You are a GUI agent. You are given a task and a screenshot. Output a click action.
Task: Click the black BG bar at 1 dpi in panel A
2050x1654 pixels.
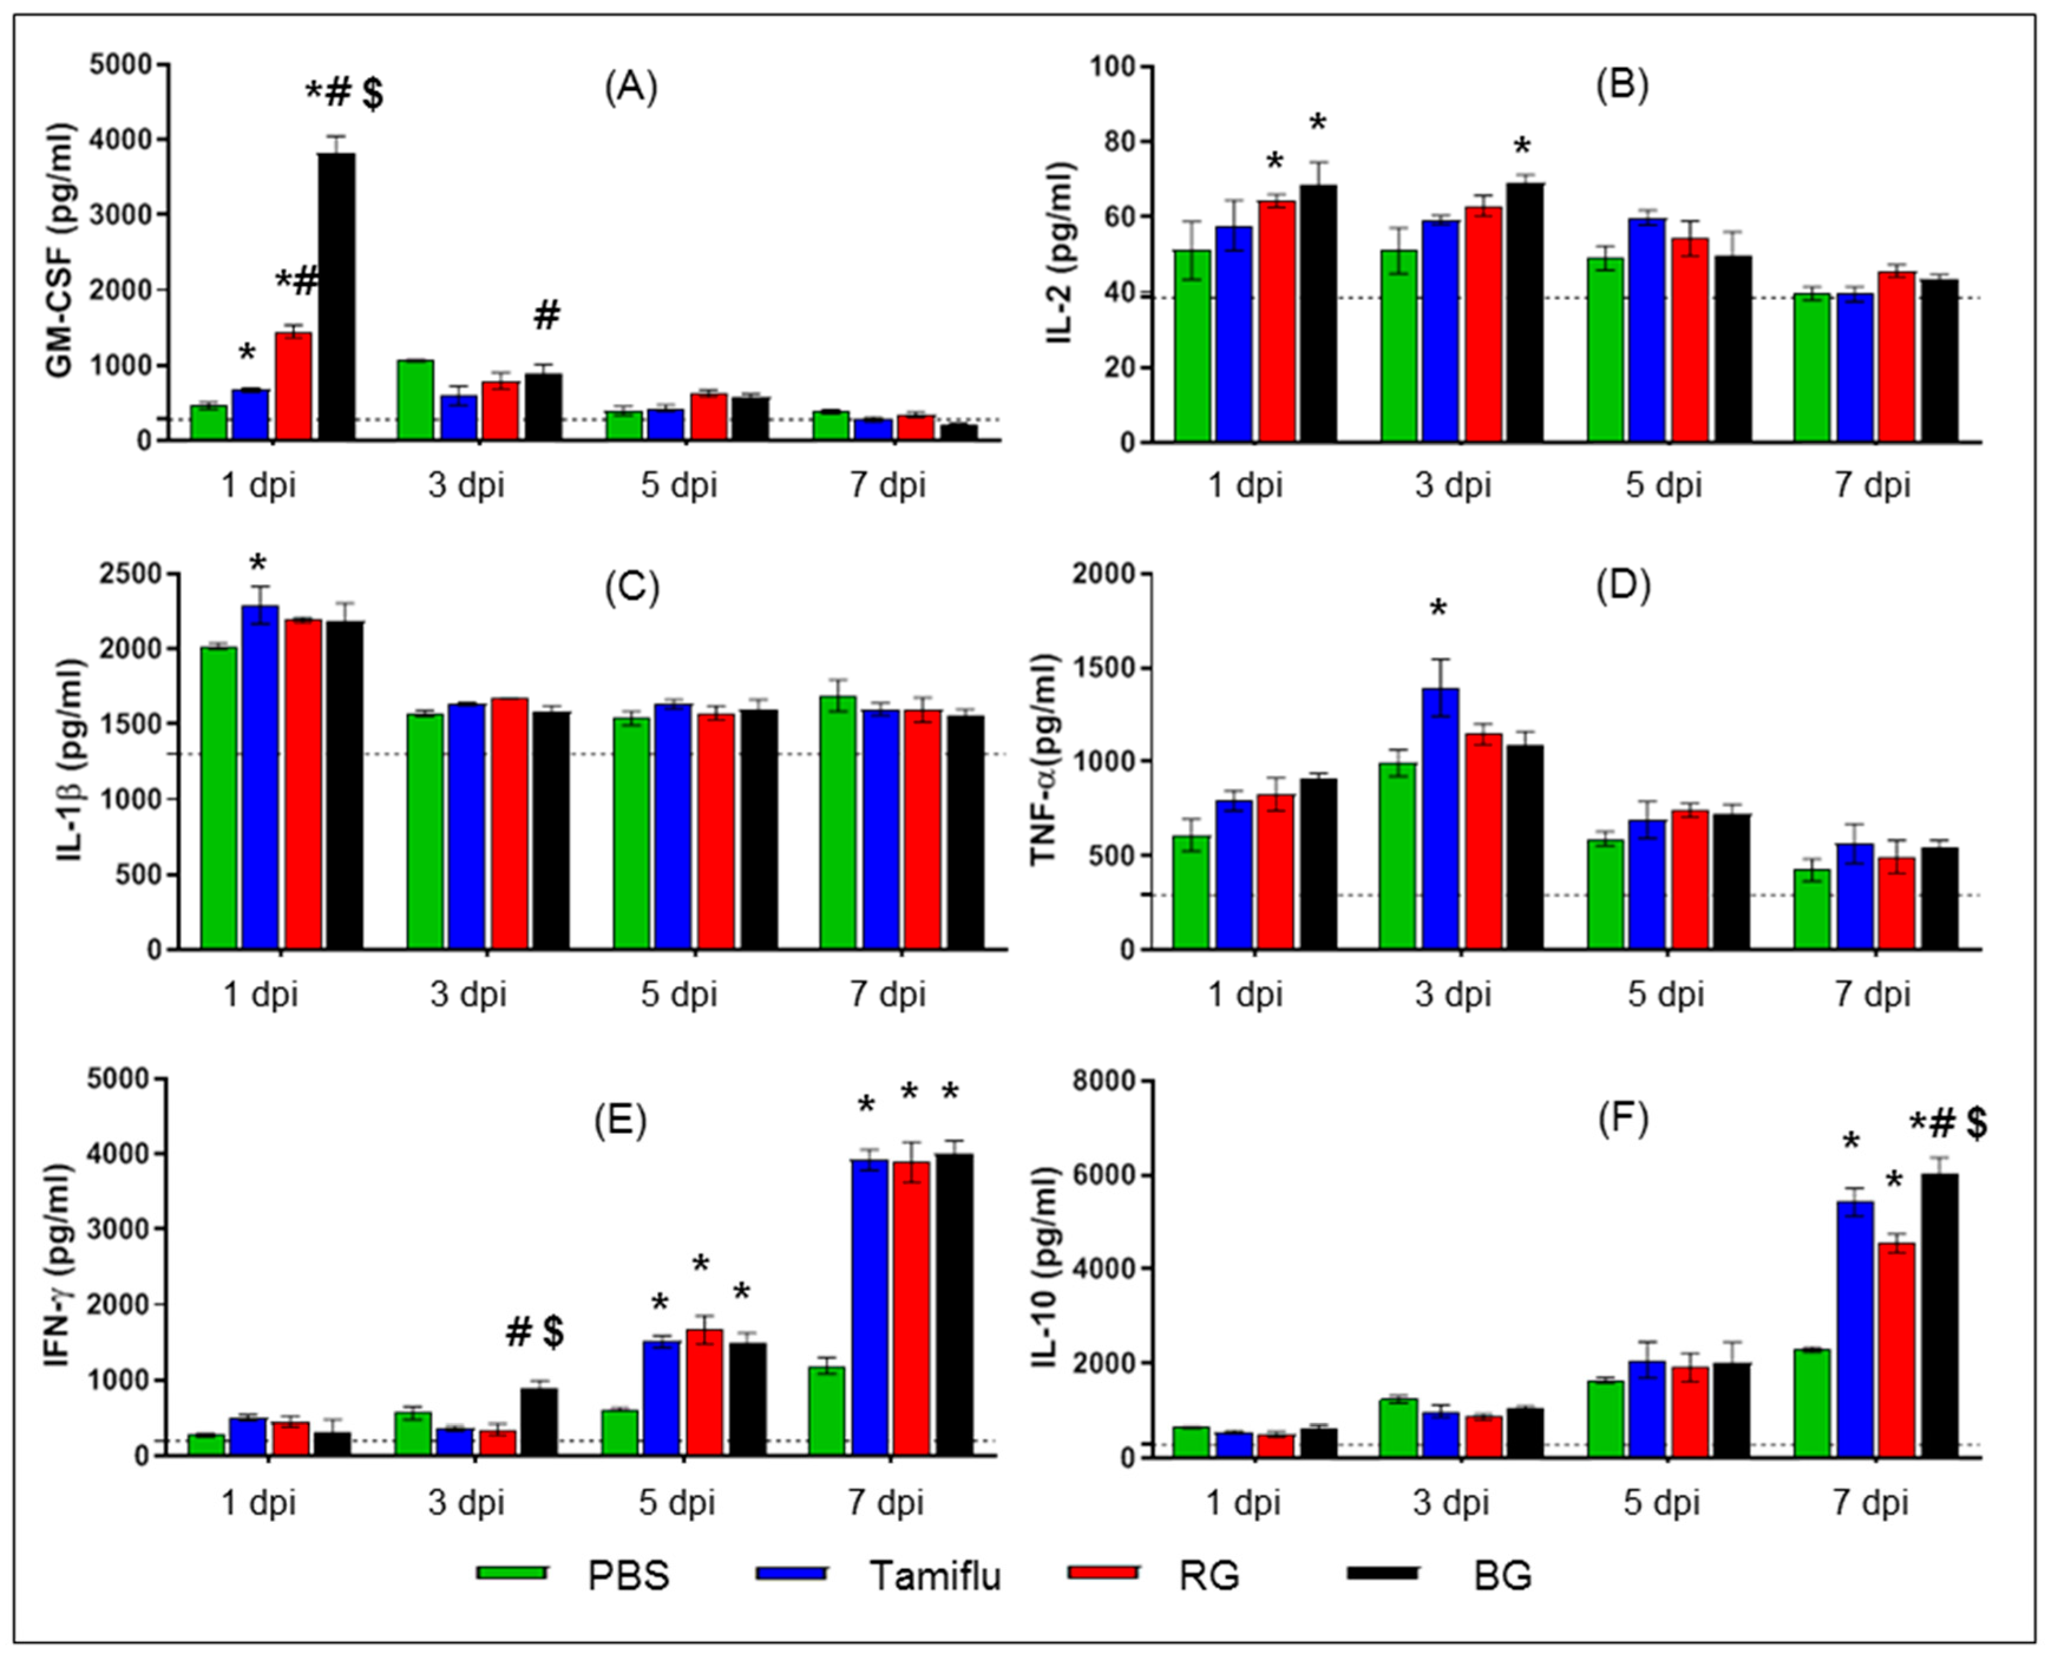point(336,296)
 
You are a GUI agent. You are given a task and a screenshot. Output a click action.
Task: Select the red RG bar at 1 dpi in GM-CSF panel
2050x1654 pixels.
point(293,386)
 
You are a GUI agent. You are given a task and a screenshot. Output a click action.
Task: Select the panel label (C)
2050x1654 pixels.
point(632,588)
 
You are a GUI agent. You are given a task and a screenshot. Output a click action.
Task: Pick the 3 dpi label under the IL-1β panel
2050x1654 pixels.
point(467,995)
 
